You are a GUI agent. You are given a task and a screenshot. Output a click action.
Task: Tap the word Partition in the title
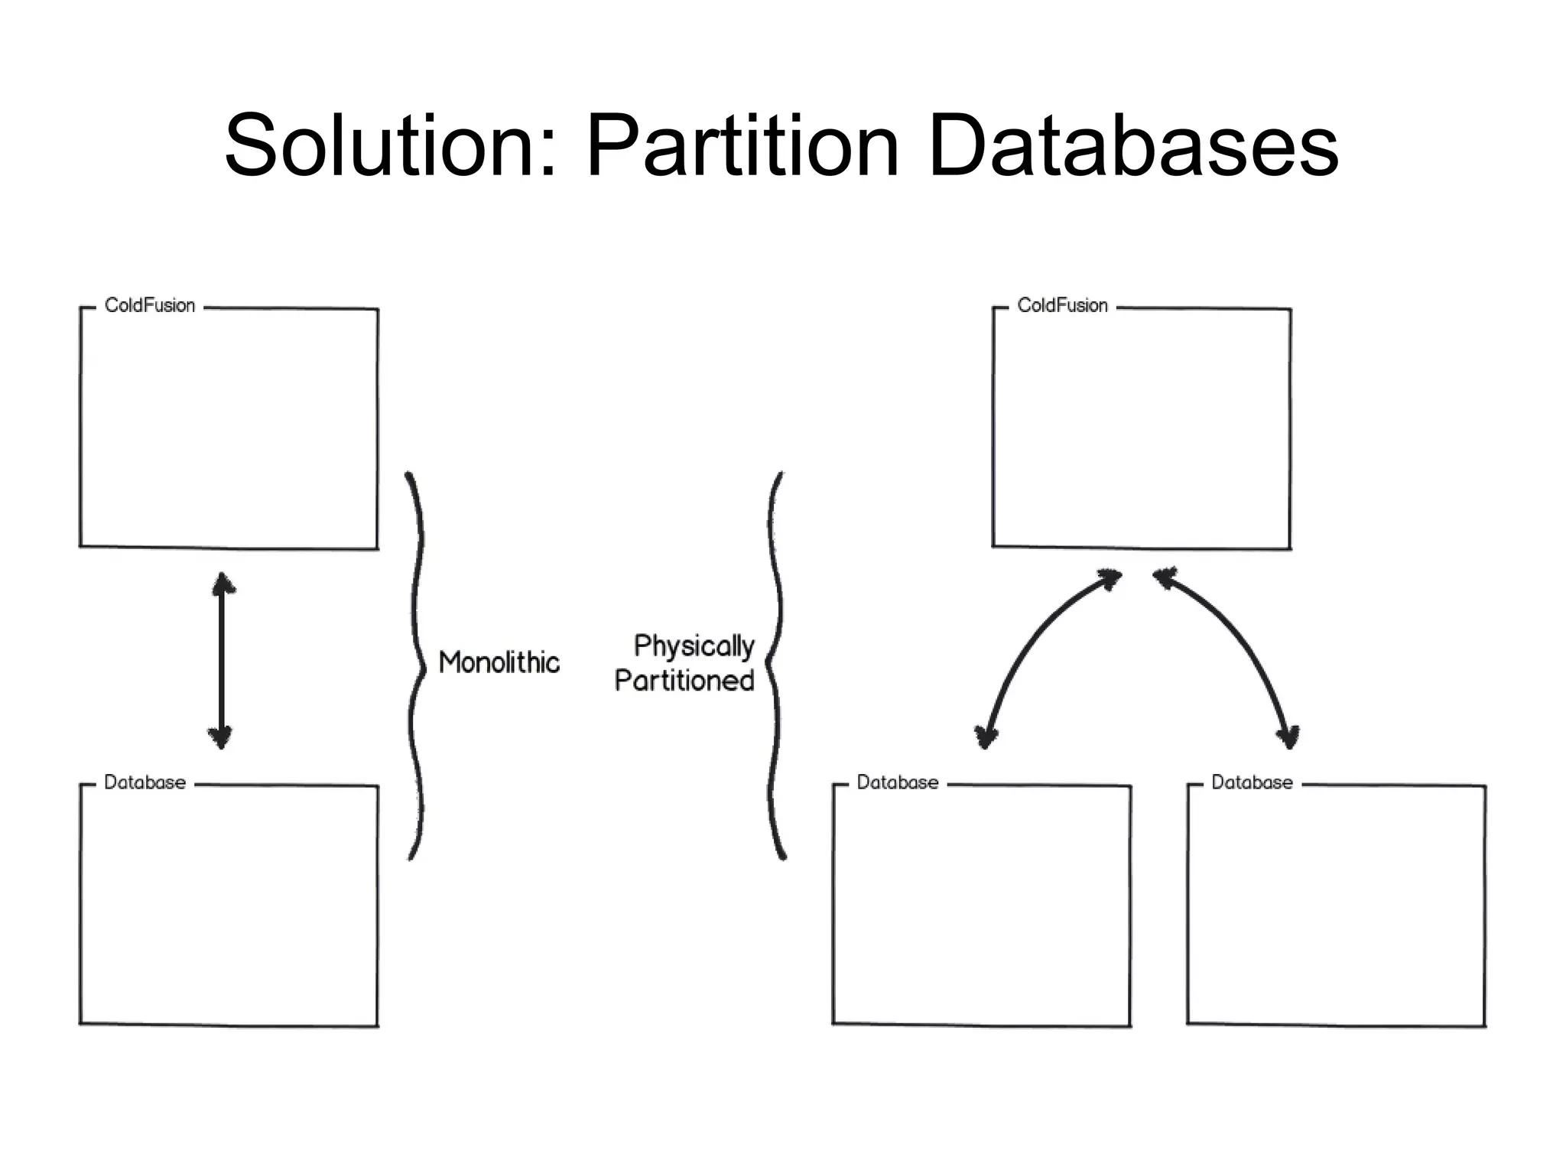pyautogui.click(x=742, y=145)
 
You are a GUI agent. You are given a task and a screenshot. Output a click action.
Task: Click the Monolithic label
pyautogui.click(x=499, y=662)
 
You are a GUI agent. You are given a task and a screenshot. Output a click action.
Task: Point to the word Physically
pyautogui.click(x=694, y=646)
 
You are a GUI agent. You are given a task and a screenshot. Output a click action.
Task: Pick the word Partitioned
pyautogui.click(x=684, y=681)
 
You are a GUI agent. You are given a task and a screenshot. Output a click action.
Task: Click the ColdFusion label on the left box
pyautogui.click(x=150, y=306)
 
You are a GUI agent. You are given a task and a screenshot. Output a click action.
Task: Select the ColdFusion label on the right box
pyautogui.click(x=1062, y=306)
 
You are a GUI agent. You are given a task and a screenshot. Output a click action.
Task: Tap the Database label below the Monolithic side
pyautogui.click(x=145, y=782)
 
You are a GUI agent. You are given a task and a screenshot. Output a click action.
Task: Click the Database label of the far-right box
pyautogui.click(x=1252, y=782)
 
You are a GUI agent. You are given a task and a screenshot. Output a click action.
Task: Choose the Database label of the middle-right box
pyautogui.click(x=898, y=782)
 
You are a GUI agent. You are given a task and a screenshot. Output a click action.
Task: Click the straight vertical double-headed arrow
pyautogui.click(x=222, y=662)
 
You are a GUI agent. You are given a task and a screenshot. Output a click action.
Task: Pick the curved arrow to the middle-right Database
pyautogui.click(x=1032, y=642)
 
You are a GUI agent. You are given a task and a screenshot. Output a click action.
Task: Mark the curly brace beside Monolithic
pyautogui.click(x=417, y=665)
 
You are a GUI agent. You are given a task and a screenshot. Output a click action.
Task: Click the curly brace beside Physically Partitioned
pyautogui.click(x=775, y=665)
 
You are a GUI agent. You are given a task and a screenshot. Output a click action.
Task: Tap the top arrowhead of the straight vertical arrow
pyautogui.click(x=223, y=583)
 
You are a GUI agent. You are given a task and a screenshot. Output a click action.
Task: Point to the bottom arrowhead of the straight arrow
pyautogui.click(x=221, y=738)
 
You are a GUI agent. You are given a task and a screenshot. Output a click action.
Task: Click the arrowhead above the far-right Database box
pyautogui.click(x=1288, y=737)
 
